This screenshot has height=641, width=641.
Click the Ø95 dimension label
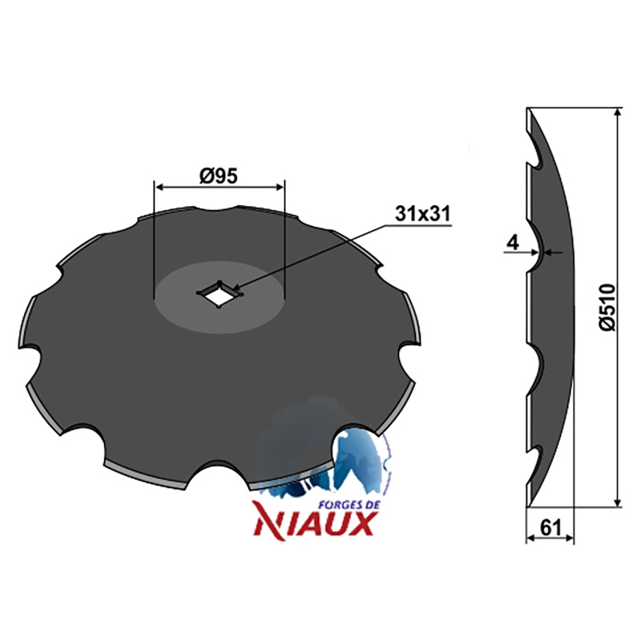218,176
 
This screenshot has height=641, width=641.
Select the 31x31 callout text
423,214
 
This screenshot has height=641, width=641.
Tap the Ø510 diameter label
607,307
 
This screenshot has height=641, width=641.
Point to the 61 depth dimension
550,528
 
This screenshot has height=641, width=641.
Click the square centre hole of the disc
220,293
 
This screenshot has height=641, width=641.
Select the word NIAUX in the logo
314,525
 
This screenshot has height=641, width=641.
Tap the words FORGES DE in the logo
349,505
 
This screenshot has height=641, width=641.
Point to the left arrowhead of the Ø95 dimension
159,187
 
